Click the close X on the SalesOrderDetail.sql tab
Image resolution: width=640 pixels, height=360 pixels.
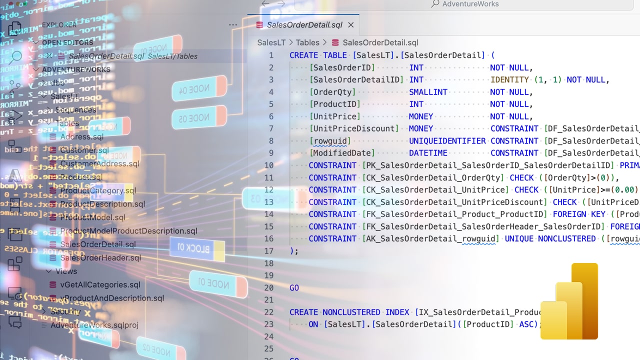click(x=351, y=25)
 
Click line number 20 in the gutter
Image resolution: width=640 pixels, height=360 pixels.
click(x=268, y=288)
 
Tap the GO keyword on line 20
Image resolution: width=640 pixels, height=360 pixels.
click(x=294, y=288)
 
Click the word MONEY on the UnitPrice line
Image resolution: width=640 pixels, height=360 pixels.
click(x=421, y=116)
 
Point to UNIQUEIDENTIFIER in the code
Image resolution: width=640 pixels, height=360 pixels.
click(x=447, y=141)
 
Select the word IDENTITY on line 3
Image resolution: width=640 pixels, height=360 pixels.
click(x=509, y=80)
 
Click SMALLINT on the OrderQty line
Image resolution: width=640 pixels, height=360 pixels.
click(x=428, y=92)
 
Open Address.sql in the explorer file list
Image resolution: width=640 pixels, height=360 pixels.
click(x=82, y=137)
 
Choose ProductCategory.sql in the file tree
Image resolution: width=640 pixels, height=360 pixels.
click(x=98, y=191)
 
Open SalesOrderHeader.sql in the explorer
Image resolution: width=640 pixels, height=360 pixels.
click(x=100, y=258)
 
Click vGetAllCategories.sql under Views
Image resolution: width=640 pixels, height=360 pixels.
click(x=100, y=285)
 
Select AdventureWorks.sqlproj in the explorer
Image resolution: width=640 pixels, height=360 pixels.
click(x=94, y=325)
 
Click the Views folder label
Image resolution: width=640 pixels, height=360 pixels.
click(x=66, y=271)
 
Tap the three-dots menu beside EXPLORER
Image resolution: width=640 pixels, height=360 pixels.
click(x=233, y=25)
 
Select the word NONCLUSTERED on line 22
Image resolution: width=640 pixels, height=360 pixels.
click(x=351, y=312)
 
